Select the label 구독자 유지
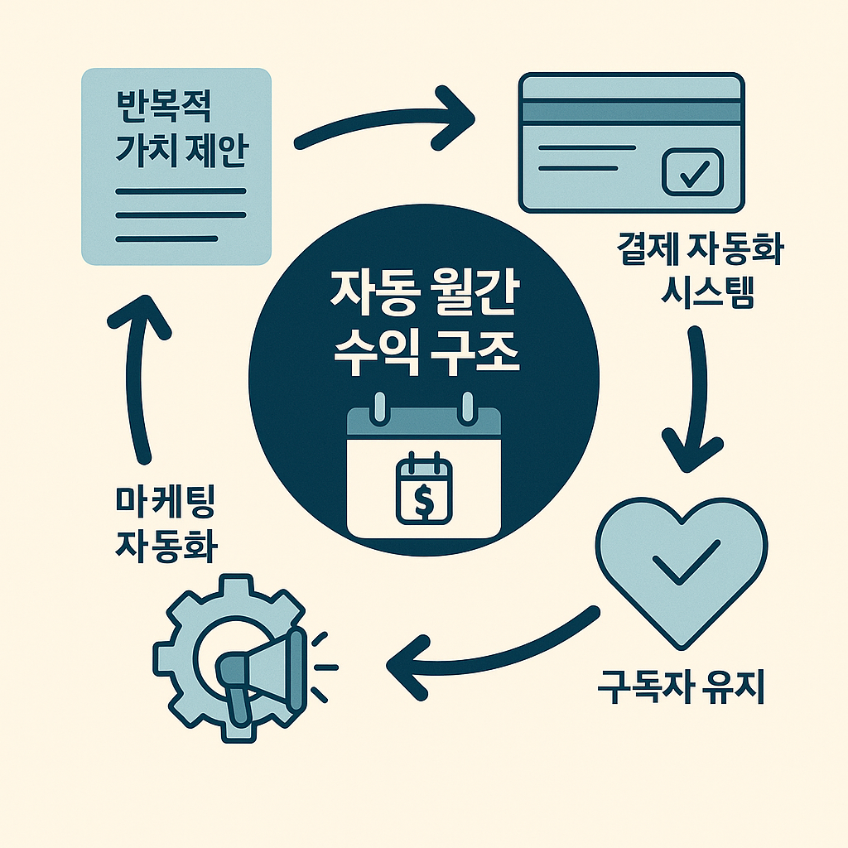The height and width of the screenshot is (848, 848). click(x=680, y=688)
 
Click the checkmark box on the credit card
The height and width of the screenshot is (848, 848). click(x=693, y=172)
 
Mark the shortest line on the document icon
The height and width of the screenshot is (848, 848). click(x=166, y=238)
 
